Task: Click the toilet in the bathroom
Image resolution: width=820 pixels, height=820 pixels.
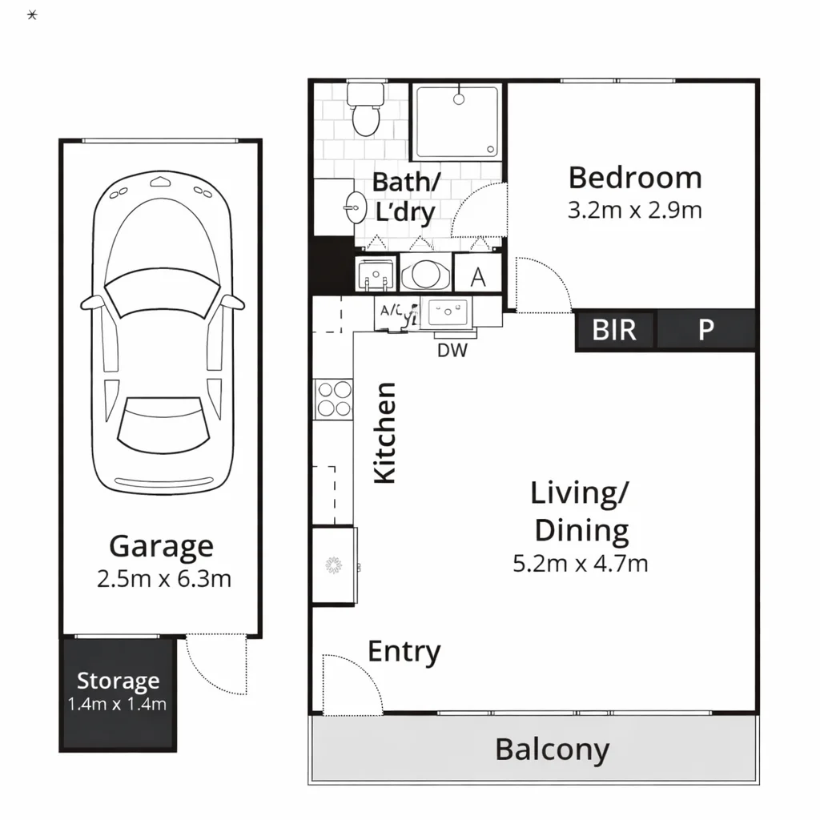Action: [365, 110]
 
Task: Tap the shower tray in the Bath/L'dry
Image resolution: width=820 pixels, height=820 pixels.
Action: [456, 123]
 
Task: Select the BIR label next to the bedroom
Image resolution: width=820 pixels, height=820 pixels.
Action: [614, 329]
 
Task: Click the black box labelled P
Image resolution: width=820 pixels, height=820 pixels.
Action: [705, 329]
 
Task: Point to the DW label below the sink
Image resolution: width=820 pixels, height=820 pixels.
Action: [452, 350]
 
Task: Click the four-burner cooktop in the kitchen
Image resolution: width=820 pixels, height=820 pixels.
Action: [334, 399]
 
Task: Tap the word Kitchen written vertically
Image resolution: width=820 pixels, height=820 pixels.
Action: [386, 433]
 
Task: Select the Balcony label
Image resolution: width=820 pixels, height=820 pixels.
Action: [552, 750]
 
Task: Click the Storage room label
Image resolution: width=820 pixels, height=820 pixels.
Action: [118, 681]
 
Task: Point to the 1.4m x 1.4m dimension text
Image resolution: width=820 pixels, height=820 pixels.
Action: [118, 704]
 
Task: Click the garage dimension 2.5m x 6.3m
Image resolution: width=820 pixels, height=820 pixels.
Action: [163, 578]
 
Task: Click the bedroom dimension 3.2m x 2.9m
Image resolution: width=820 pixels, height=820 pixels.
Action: [634, 211]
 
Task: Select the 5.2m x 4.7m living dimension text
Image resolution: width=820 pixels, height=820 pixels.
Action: [580, 563]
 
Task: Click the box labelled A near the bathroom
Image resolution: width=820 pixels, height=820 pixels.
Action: [478, 276]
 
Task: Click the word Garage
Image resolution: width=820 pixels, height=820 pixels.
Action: [161, 546]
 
